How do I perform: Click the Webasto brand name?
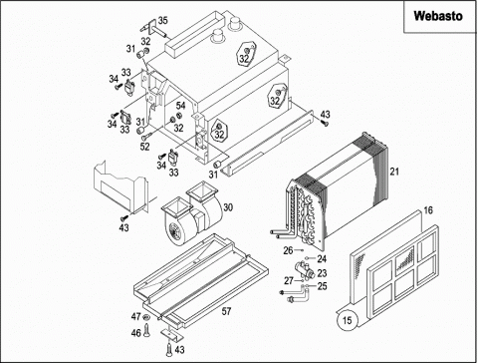(x=438, y=16)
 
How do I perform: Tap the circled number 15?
(x=347, y=320)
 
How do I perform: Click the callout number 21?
(x=394, y=172)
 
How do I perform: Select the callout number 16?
(x=428, y=210)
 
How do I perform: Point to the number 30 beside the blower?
(x=228, y=207)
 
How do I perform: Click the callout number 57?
(x=226, y=311)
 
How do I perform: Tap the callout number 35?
(x=162, y=21)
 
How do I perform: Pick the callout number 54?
(x=180, y=106)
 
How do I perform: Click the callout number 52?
(x=144, y=147)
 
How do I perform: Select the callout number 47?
(x=136, y=316)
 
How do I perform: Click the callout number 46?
(x=136, y=332)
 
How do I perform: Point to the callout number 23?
(x=322, y=273)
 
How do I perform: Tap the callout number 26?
(x=288, y=250)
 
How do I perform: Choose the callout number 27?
(x=289, y=281)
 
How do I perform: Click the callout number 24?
(x=322, y=258)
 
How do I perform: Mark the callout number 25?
(x=322, y=286)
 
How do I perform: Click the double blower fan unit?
(x=191, y=211)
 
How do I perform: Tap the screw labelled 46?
(x=147, y=330)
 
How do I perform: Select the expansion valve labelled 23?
(x=305, y=269)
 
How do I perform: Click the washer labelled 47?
(x=146, y=317)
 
